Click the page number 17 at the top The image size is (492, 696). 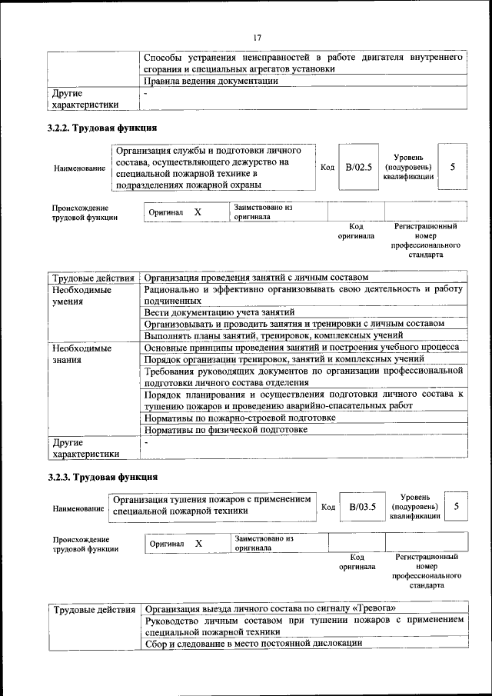tap(257, 37)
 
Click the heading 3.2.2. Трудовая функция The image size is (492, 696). tap(102, 128)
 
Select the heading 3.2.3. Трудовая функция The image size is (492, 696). tap(102, 478)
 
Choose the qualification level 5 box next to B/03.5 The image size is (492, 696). tap(457, 506)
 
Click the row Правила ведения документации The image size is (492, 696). tap(211, 82)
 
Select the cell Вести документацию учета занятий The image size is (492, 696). tap(219, 312)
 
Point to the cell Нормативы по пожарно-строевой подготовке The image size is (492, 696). tap(240, 418)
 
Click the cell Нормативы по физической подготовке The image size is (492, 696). tap(226, 430)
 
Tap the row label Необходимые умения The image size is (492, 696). tap(81, 296)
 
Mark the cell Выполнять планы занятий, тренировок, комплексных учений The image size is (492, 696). tap(273, 335)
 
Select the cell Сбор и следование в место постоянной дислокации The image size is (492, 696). tap(254, 643)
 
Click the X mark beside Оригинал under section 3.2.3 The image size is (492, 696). tap(198, 544)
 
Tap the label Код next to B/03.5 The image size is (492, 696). tap(327, 507)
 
